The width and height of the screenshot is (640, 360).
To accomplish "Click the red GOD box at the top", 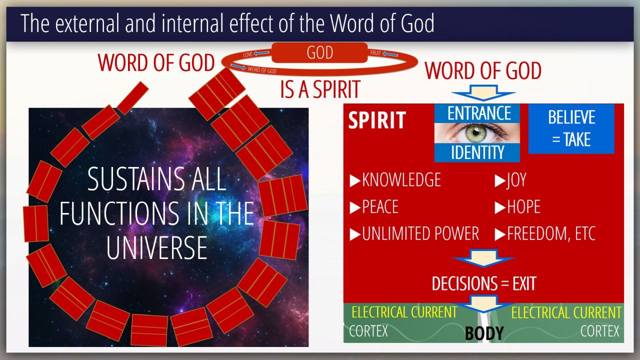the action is point(319,52).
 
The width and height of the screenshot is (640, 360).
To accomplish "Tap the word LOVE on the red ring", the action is point(247,54).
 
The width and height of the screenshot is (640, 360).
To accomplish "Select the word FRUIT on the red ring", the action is point(375,53).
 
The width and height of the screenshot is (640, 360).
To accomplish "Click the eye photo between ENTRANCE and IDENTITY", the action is point(477,133).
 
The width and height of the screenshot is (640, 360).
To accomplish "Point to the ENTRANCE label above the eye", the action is point(479,113).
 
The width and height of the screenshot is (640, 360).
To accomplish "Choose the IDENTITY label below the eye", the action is point(477,152).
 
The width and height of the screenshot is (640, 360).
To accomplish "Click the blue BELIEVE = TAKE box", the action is point(571,129).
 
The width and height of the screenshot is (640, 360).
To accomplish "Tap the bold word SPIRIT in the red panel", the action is point(377,120).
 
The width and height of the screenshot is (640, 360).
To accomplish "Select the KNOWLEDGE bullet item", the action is point(395,179).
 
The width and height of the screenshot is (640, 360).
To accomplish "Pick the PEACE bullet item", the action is point(374,206).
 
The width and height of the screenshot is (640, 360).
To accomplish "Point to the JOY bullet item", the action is point(510,180).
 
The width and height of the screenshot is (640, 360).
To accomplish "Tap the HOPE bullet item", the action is point(517,206).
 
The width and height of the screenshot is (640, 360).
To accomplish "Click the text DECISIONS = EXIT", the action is point(483,283).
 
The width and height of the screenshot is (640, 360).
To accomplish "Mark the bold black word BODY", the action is point(484,333).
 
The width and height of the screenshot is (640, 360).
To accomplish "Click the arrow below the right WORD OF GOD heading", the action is point(483,92).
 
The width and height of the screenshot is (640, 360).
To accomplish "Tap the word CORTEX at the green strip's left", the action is point(368,331).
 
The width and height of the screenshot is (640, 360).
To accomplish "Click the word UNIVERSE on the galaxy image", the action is point(156,248).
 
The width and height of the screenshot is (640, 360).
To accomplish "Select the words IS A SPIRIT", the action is point(320,89).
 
